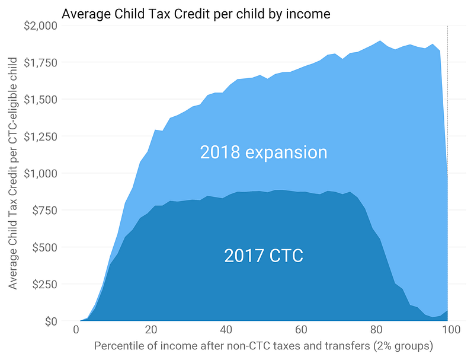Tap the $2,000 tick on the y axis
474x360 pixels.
tap(41, 26)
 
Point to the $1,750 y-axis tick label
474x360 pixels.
tap(41, 62)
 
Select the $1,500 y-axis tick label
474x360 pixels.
tap(41, 100)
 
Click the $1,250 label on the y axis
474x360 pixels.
tap(41, 136)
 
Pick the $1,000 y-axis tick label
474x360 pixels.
tap(41, 173)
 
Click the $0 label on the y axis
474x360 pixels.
tap(50, 321)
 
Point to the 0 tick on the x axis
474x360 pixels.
tap(76, 330)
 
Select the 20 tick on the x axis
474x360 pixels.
tap(151, 330)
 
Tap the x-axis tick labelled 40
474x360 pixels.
tap(226, 330)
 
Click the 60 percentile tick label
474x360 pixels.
tap(300, 330)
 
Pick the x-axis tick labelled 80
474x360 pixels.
tap(375, 330)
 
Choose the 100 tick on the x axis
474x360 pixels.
tap(449, 330)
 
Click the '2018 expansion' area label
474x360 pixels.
tap(264, 152)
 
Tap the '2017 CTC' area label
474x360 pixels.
tap(264, 256)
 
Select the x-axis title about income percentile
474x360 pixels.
tap(264, 346)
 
